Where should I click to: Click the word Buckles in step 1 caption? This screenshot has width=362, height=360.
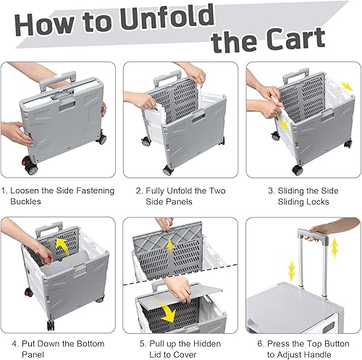point(25,201)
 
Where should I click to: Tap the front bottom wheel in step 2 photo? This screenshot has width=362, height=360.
point(168,170)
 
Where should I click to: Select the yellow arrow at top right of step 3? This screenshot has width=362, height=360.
point(347,86)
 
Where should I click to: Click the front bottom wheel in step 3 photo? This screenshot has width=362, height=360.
point(298,170)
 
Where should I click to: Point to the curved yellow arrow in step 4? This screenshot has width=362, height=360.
point(62,246)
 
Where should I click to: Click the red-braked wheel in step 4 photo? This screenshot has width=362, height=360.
point(28,293)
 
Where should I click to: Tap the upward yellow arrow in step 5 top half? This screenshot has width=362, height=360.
point(170,245)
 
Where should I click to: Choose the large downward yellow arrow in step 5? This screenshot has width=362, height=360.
point(167,311)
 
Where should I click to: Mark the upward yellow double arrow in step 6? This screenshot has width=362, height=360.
point(334,248)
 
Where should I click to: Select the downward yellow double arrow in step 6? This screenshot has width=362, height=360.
point(292,271)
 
